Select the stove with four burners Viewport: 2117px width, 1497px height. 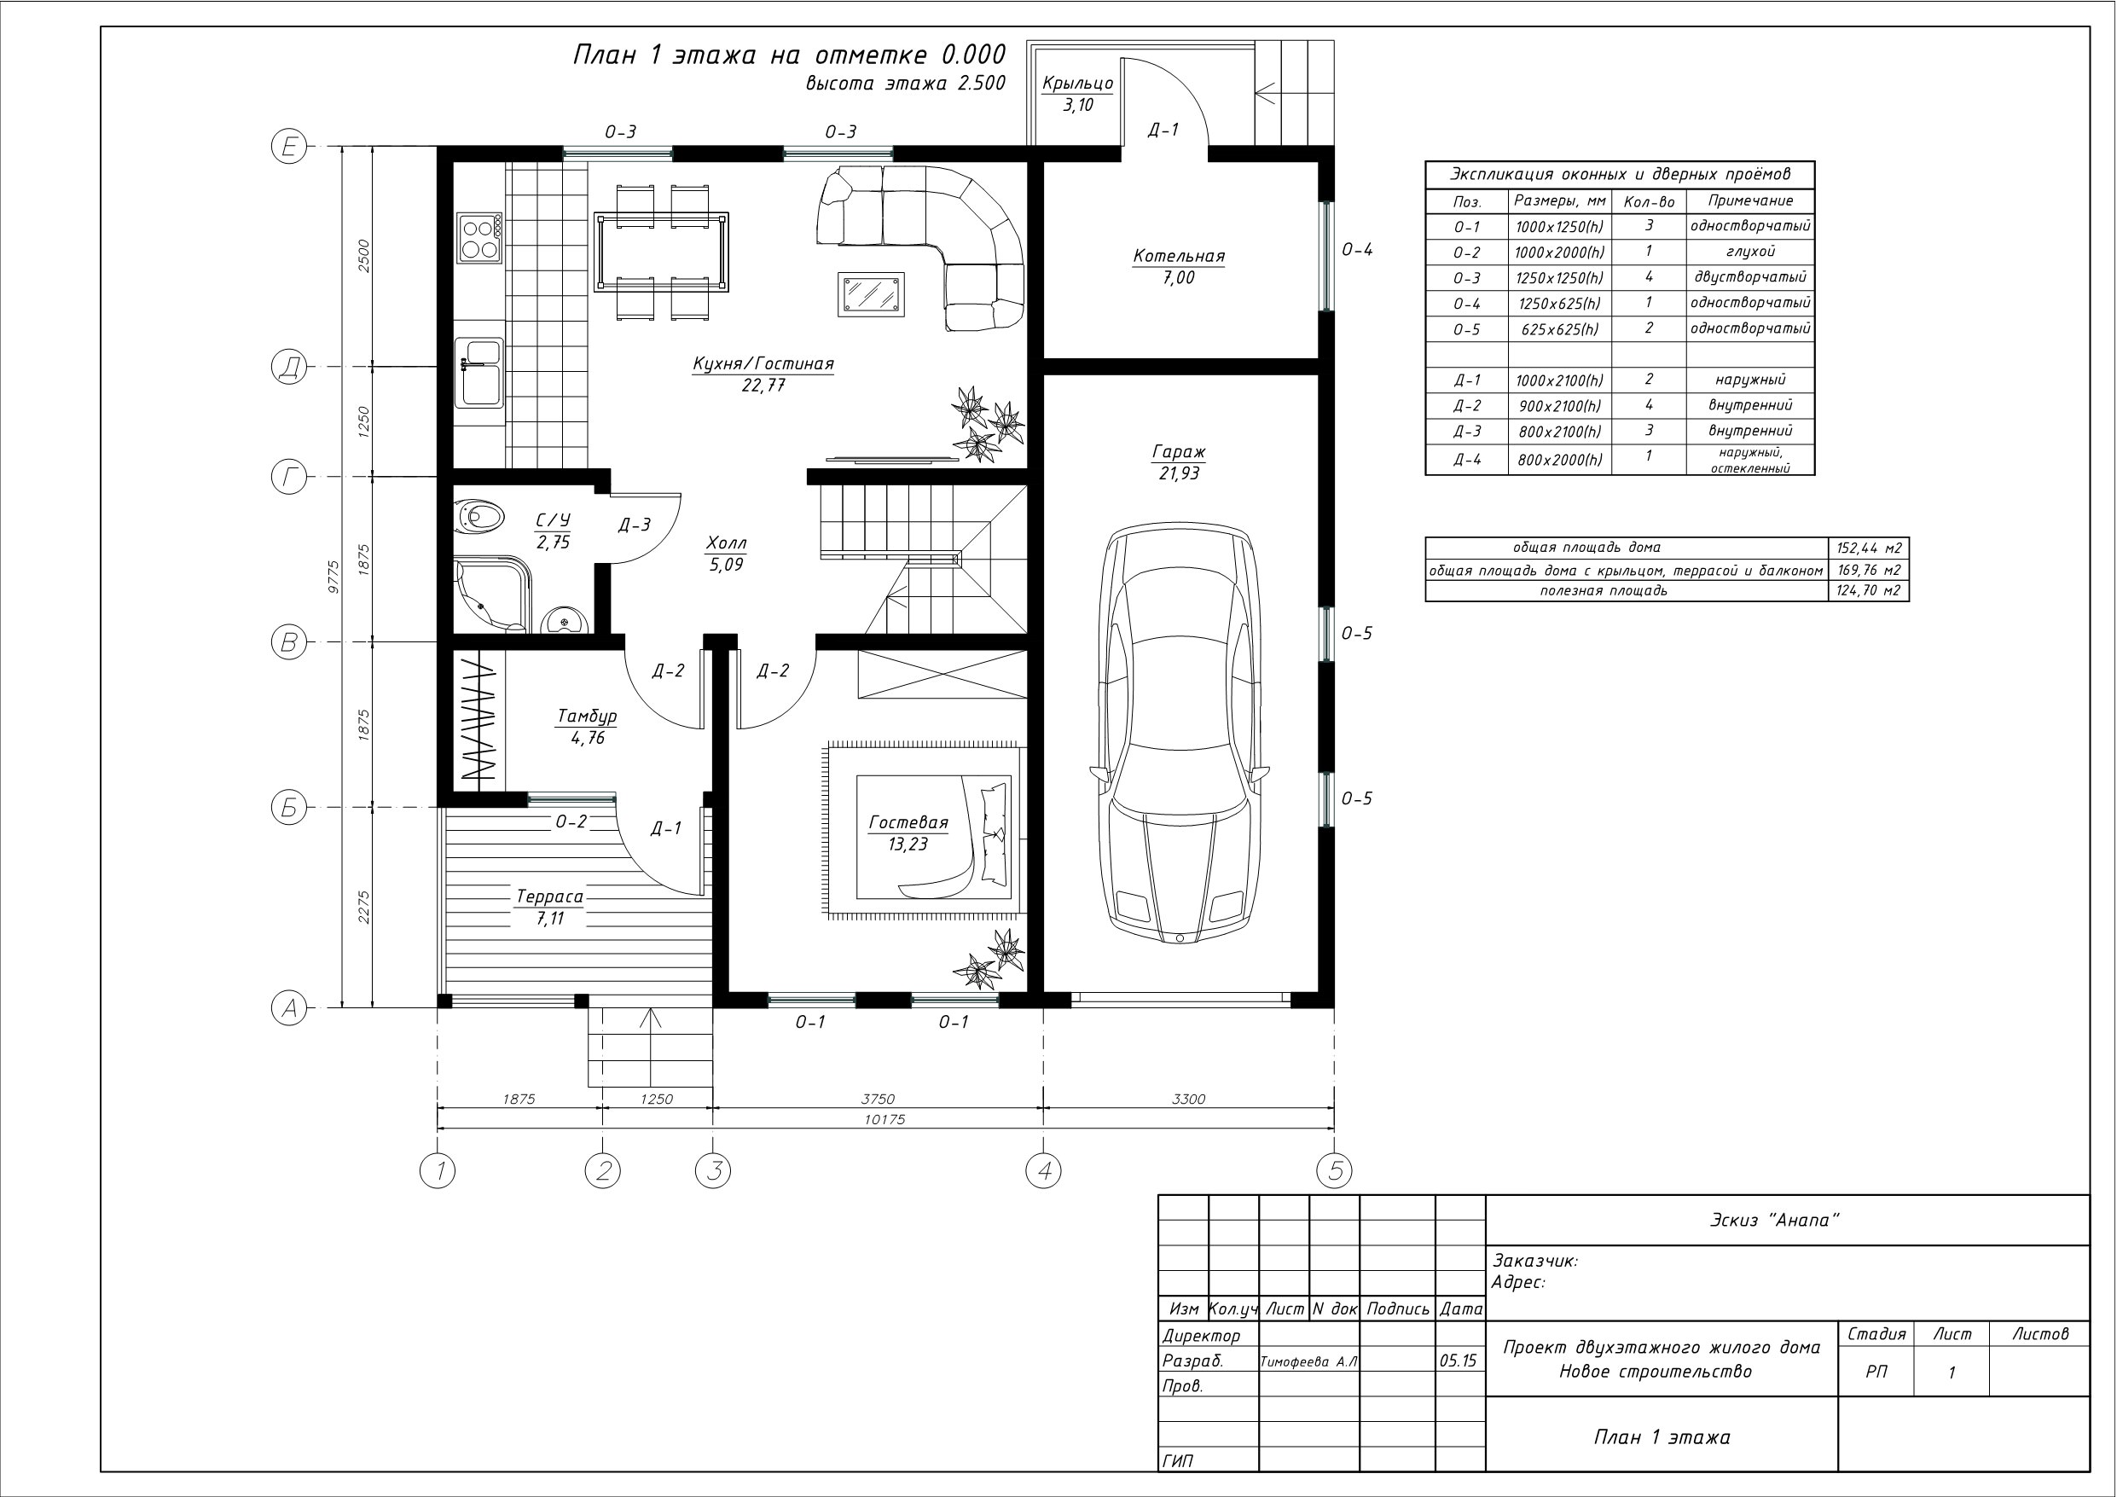pyautogui.click(x=479, y=237)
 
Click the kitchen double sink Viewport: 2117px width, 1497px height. pyautogui.click(x=478, y=373)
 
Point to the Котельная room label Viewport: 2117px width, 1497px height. pyautogui.click(x=1179, y=257)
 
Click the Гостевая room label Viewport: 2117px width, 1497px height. pyautogui.click(x=908, y=823)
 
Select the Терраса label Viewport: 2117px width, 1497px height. pyautogui.click(x=549, y=896)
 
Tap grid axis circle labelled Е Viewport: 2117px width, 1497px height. pyautogui.click(x=288, y=147)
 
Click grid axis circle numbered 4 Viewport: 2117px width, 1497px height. pyautogui.click(x=1043, y=1171)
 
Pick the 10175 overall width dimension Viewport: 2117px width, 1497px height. pyautogui.click(x=885, y=1120)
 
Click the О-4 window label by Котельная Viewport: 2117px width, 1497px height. pyautogui.click(x=1356, y=249)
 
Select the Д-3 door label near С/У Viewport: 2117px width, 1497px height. pyautogui.click(x=635, y=525)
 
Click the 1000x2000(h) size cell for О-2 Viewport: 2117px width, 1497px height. pyautogui.click(x=1559, y=252)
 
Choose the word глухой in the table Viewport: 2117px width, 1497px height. pyautogui.click(x=1750, y=251)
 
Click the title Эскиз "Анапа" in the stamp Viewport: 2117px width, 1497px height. pyautogui.click(x=1775, y=1221)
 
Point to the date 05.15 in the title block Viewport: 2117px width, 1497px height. pyautogui.click(x=1458, y=1361)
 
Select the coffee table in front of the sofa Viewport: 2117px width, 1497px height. pyautogui.click(x=870, y=294)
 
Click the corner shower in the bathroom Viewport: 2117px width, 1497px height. pyautogui.click(x=492, y=594)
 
